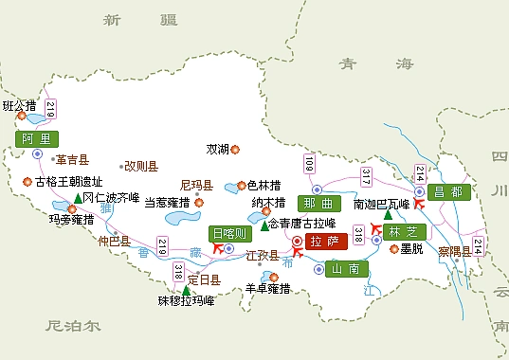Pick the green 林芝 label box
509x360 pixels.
pos(406,230)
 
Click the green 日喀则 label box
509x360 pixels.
pos(229,234)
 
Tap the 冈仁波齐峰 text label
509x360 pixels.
pos(111,198)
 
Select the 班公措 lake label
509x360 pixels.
pos(19,105)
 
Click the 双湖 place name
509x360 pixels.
pos(217,149)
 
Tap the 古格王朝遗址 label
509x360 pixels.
pos(68,181)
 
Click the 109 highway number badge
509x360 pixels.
pos(308,163)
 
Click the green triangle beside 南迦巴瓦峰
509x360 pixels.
pos(388,214)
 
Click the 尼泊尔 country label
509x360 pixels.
pos(72,325)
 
